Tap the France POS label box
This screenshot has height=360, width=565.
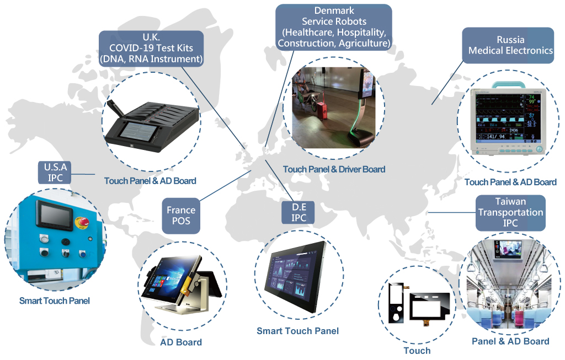coord(181,215)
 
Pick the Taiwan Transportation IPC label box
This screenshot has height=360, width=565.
coord(510,212)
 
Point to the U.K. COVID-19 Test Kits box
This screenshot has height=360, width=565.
coord(151,49)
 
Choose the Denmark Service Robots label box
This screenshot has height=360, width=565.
coord(334,26)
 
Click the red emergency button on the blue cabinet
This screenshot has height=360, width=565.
coord(84,222)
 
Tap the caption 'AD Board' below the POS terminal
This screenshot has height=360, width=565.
coord(181,342)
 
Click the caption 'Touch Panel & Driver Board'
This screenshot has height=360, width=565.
coord(334,169)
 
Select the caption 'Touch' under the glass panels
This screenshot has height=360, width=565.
coord(417,351)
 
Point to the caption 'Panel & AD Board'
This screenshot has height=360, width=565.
coord(510,341)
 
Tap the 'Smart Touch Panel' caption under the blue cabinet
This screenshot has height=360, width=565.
coord(54,301)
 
